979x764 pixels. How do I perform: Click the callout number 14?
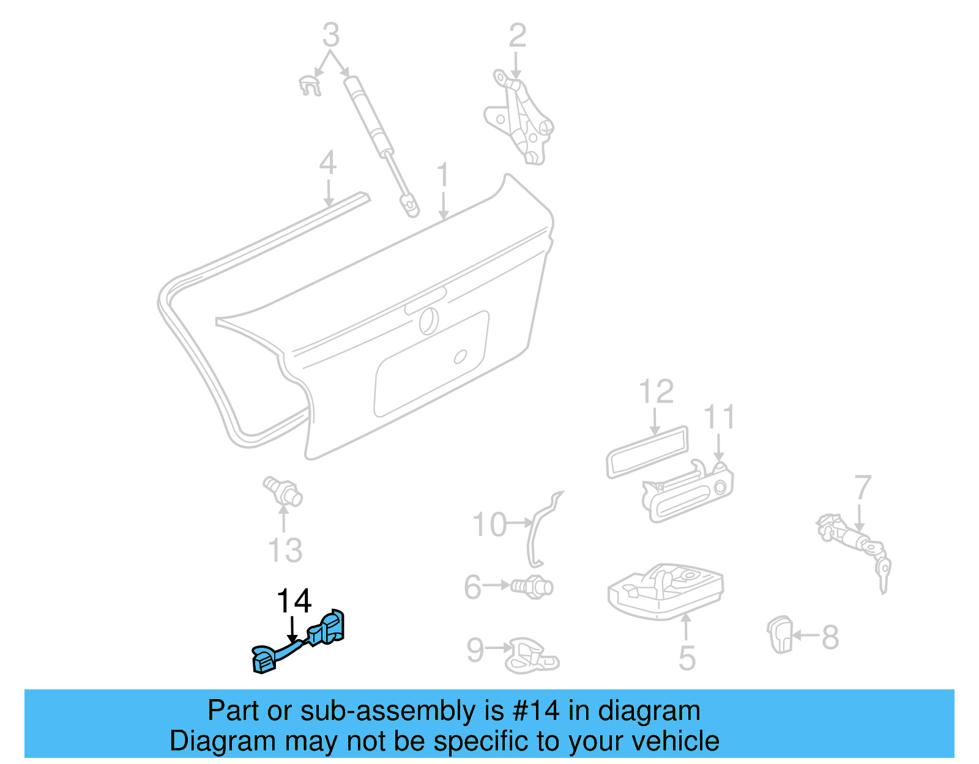click(x=294, y=601)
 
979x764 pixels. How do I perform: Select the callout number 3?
click(x=330, y=35)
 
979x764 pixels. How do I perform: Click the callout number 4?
click(x=328, y=163)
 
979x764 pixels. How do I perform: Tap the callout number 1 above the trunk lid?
click(x=443, y=176)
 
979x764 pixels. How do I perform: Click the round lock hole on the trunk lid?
click(x=428, y=321)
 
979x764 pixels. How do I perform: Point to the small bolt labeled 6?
click(x=534, y=587)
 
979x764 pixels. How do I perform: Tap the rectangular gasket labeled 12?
click(x=647, y=451)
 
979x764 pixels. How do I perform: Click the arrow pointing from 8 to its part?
click(x=806, y=636)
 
